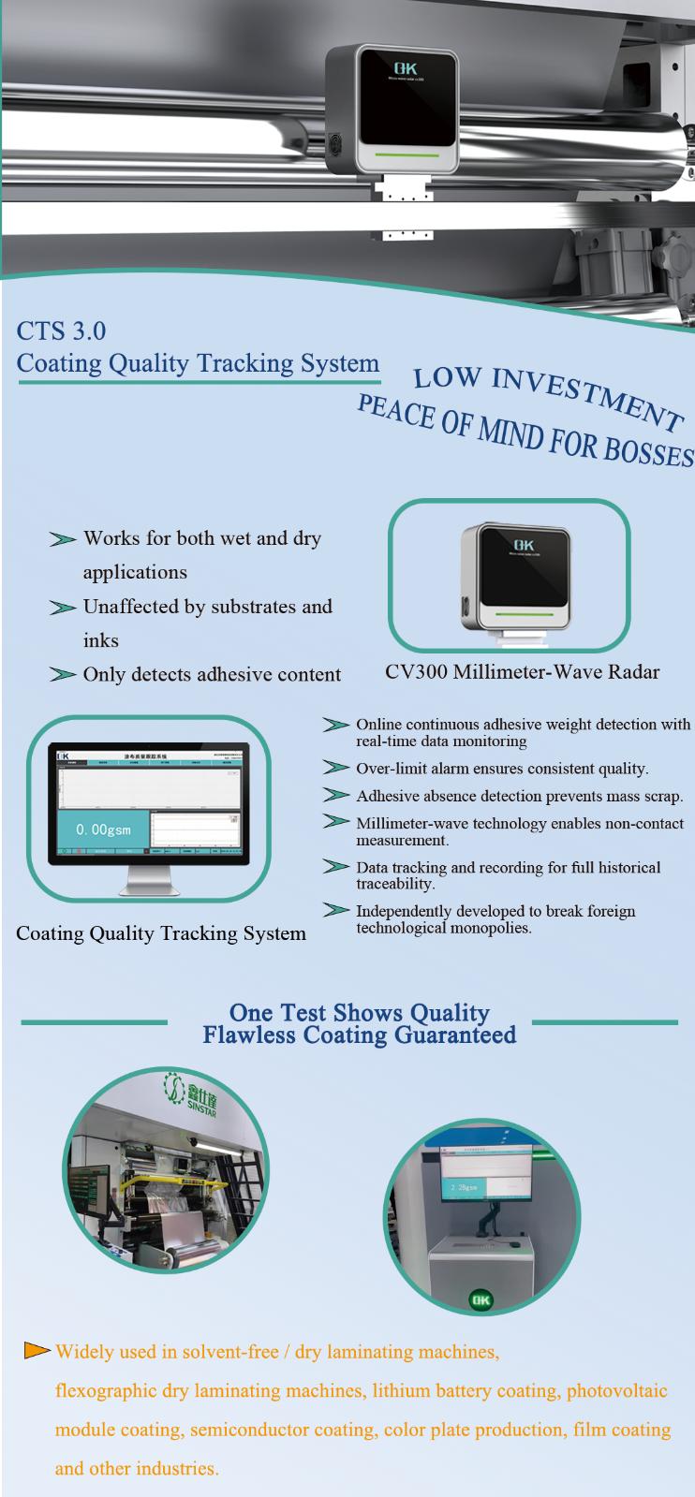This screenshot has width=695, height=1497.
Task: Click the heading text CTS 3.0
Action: pos(61,330)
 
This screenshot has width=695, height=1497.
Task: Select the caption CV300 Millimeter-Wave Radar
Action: pos(522,672)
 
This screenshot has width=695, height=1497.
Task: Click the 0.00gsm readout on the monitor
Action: pos(103,829)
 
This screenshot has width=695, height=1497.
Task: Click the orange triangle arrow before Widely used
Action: pos(37,1350)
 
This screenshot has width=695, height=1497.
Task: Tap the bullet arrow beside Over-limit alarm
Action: pos(335,768)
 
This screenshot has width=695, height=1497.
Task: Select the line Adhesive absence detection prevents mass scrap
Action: pos(519,796)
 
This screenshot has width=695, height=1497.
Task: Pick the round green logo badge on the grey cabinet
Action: pos(481,1300)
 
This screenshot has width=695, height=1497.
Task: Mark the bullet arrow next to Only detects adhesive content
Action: pos(63,674)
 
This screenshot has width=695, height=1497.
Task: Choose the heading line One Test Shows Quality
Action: pos(360,1013)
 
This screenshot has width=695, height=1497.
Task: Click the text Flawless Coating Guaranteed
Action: pos(360,1035)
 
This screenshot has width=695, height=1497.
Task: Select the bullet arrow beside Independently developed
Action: pos(335,910)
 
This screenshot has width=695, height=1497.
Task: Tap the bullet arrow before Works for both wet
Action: pos(63,539)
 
